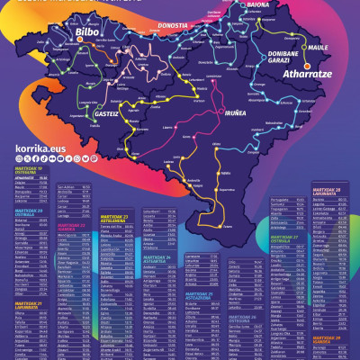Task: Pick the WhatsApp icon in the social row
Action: pyautogui.click(x=76, y=158)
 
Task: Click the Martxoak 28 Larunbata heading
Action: pyautogui.click(x=328, y=192)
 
